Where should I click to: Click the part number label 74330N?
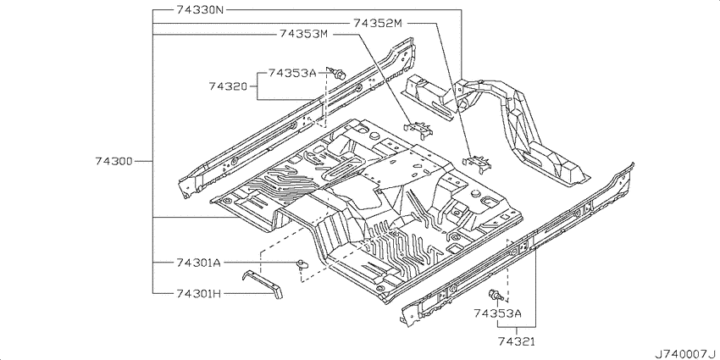[200, 9]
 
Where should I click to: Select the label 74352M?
[378, 23]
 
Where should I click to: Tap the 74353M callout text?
[303, 34]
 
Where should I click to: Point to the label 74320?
[228, 86]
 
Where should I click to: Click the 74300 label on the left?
[114, 161]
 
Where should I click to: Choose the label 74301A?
[198, 263]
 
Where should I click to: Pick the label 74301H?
[198, 292]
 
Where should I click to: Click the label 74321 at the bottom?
[516, 341]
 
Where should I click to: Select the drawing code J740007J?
[686, 354]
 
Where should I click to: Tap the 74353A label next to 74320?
[292, 73]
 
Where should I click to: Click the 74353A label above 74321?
[497, 313]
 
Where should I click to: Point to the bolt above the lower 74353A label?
[496, 296]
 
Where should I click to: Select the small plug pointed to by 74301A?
[302, 263]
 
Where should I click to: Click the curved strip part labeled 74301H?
[263, 285]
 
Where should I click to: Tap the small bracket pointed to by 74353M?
[418, 129]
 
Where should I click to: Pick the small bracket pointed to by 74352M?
[477, 163]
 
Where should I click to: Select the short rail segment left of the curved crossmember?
[428, 97]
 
